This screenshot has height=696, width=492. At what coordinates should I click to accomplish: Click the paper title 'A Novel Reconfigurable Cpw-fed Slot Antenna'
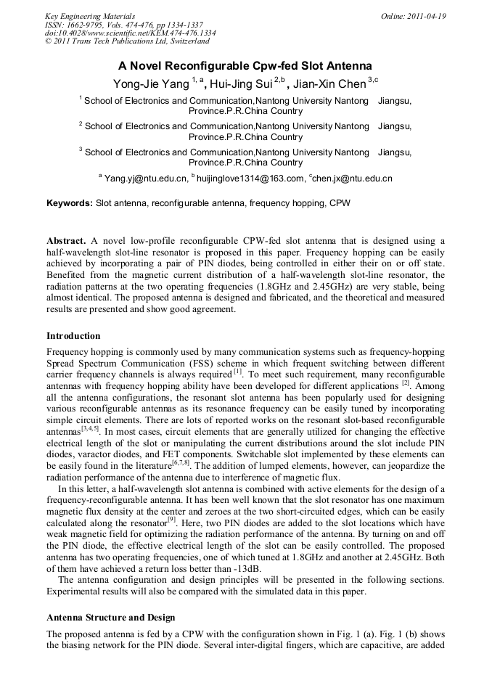245,65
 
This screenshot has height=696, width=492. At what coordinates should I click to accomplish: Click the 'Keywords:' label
70,204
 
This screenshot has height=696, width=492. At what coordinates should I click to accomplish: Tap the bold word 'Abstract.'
67,240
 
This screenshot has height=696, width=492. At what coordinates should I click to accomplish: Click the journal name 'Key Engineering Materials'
90,16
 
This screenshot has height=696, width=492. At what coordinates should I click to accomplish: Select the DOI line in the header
130,33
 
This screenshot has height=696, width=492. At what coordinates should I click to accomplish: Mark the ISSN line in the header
124,25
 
